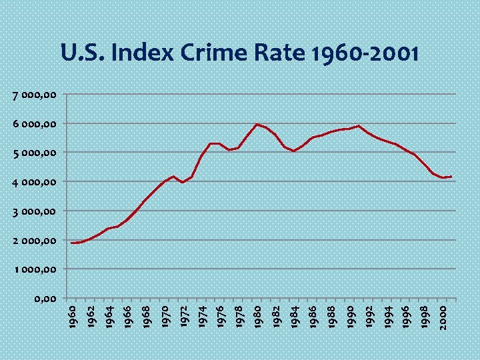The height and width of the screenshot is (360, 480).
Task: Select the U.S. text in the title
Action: (84, 53)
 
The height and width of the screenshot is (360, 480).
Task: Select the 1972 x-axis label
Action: (183, 317)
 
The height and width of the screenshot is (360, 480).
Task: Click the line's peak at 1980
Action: (257, 124)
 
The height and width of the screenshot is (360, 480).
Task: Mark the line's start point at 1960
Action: (72, 243)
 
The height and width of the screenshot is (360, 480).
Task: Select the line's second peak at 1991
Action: (359, 126)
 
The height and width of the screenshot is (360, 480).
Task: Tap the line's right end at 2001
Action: (451, 177)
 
